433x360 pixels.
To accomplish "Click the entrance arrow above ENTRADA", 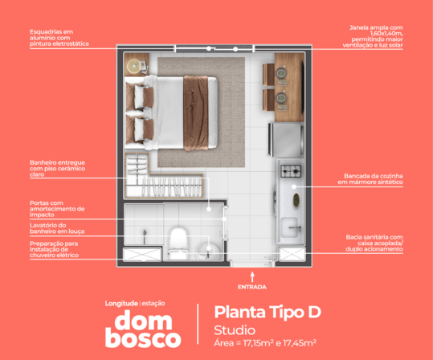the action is pyautogui.click(x=252, y=277).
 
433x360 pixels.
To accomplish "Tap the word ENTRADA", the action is pyautogui.click(x=252, y=287).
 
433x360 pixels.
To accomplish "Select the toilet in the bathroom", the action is pyautogui.click(x=178, y=243).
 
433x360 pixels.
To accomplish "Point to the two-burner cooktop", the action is pyautogui.click(x=291, y=171).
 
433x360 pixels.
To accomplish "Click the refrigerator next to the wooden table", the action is pyautogui.click(x=286, y=140).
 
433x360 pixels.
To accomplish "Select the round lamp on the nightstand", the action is pyautogui.click(x=134, y=67).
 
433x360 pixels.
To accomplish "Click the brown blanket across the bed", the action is pyautogui.click(x=196, y=113).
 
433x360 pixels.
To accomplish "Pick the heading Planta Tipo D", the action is pyautogui.click(x=268, y=313).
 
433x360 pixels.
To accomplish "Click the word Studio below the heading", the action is pyautogui.click(x=235, y=330).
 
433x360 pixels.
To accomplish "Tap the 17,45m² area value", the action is pyautogui.click(x=300, y=343).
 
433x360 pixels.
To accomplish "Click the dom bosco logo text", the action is pyautogui.click(x=143, y=329).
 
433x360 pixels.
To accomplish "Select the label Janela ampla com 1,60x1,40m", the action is pyautogui.click(x=373, y=36).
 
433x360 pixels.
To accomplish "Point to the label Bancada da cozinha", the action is pyautogui.click(x=370, y=179).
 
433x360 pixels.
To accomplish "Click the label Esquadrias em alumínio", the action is pyautogui.click(x=59, y=38).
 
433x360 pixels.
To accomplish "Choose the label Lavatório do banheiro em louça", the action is pyautogui.click(x=57, y=228).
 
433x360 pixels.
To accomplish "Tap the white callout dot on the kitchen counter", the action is pyautogui.click(x=294, y=186).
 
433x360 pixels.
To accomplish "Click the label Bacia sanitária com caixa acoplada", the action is pyautogui.click(x=374, y=243).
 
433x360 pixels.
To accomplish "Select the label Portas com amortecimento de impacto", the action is pyautogui.click(x=57, y=209).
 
